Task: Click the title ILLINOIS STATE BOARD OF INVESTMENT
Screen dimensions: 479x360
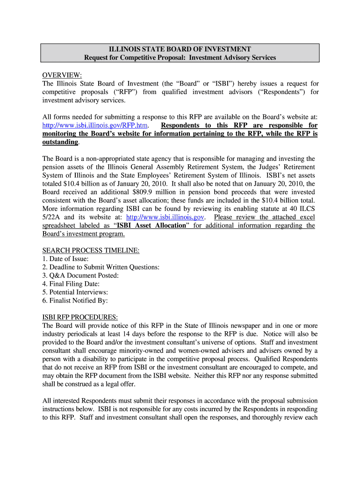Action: [x=180, y=49]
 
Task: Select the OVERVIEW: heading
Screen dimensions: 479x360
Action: [x=62, y=75]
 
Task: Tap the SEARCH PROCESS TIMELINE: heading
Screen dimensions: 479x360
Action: [x=91, y=250]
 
